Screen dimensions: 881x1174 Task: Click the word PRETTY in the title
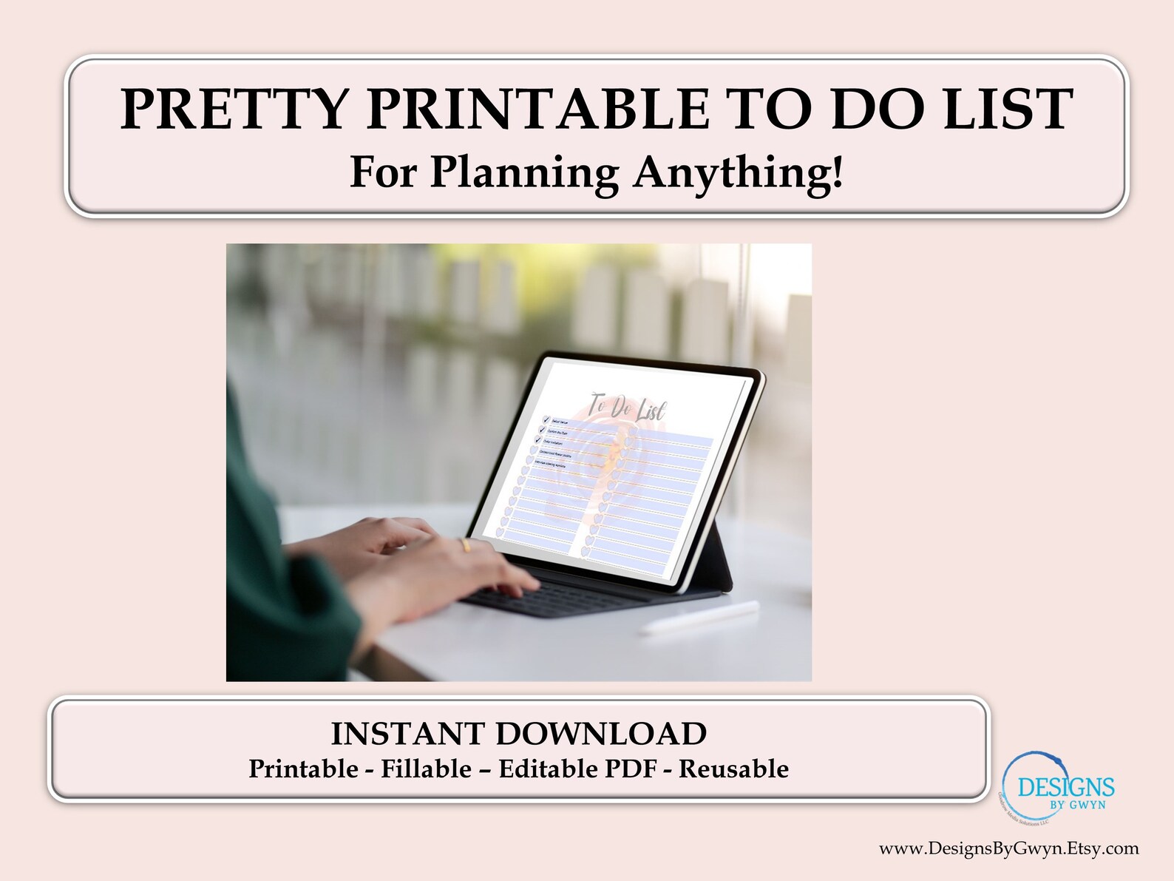pyautogui.click(x=234, y=109)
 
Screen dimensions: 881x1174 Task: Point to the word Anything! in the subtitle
pyautogui.click(x=738, y=173)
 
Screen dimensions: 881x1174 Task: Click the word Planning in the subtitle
pyautogui.click(x=524, y=173)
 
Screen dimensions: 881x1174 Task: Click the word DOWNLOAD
pyautogui.click(x=601, y=734)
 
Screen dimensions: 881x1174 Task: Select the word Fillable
pyautogui.click(x=426, y=769)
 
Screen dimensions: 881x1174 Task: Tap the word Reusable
pyautogui.click(x=733, y=769)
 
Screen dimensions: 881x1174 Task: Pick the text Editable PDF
pyautogui.click(x=577, y=769)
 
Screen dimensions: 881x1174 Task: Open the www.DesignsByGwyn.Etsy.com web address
pyautogui.click(x=1008, y=848)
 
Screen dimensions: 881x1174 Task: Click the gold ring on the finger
pyautogui.click(x=465, y=546)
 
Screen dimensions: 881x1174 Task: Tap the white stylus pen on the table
pyautogui.click(x=699, y=618)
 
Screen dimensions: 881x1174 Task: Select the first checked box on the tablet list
pyautogui.click(x=546, y=419)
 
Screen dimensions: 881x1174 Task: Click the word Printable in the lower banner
pyautogui.click(x=303, y=769)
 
